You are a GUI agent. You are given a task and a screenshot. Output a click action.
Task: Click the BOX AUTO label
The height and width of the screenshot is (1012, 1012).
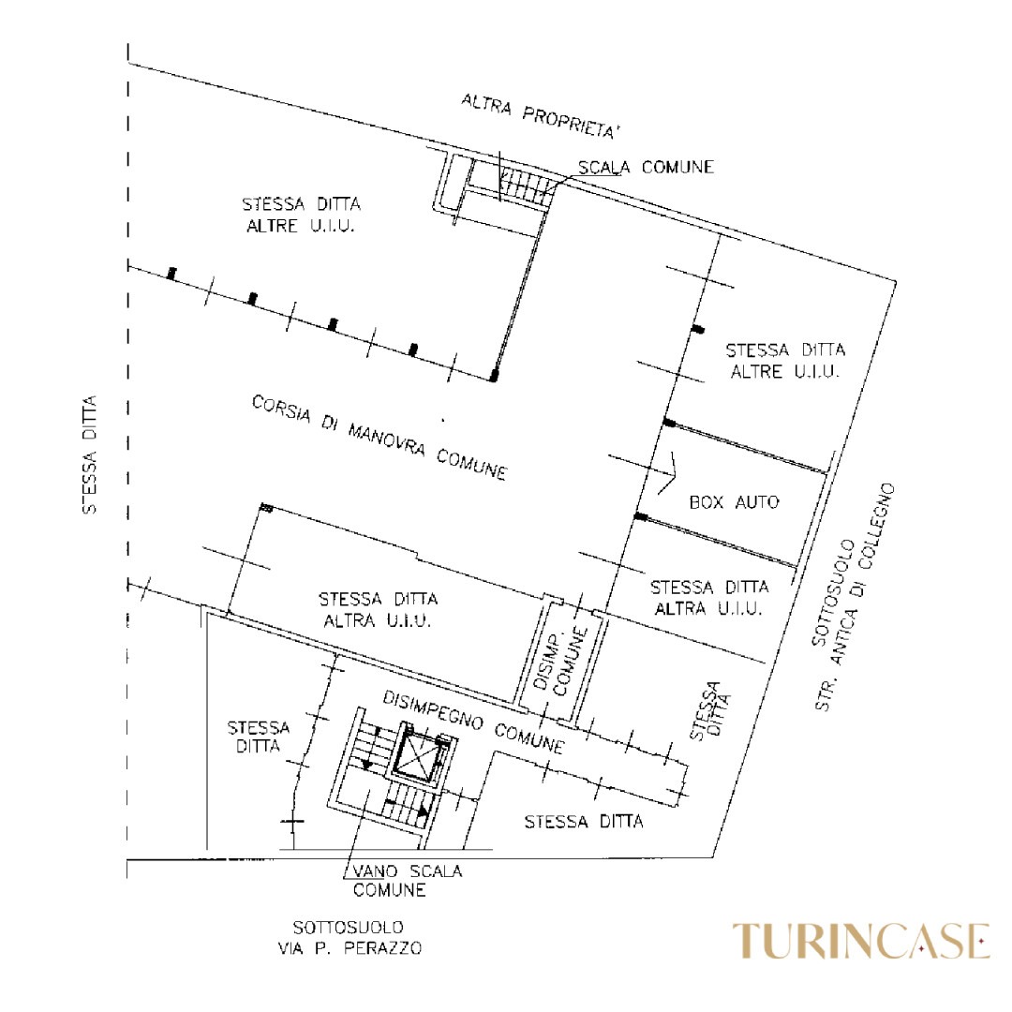pos(734,502)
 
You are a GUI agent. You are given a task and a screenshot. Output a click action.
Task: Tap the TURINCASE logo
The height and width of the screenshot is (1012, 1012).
pos(861,941)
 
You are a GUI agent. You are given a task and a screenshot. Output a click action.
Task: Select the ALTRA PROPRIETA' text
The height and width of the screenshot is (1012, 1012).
pos(541,116)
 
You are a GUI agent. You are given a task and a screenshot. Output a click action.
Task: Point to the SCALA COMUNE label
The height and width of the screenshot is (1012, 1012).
pos(646,167)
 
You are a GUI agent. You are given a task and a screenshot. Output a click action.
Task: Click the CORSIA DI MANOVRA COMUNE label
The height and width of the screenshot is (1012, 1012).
pos(379,438)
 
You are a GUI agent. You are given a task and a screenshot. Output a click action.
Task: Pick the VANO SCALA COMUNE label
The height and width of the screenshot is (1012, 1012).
pos(408,880)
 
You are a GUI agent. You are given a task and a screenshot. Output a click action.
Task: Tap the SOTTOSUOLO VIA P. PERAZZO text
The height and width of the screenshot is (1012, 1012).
pos(350,938)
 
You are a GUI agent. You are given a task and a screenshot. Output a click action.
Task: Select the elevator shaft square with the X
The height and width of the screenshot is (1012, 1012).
pos(415,753)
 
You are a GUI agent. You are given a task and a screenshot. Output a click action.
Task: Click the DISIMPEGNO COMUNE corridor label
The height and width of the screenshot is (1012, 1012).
pos(474,722)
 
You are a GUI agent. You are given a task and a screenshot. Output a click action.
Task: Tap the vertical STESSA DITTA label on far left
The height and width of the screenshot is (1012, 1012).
pos(90,454)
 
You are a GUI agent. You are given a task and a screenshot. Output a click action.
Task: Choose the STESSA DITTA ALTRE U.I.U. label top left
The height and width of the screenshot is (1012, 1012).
pos(302,215)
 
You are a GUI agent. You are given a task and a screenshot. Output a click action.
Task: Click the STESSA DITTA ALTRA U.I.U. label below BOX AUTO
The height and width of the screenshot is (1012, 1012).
pos(709,598)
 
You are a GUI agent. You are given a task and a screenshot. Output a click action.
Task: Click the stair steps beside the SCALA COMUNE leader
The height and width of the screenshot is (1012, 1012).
pos(524,184)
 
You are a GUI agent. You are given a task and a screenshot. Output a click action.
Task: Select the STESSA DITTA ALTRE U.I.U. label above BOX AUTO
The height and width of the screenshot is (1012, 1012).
pos(785,361)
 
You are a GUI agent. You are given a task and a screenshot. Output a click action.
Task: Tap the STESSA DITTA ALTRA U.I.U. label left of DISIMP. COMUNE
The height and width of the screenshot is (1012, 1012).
pos(379,609)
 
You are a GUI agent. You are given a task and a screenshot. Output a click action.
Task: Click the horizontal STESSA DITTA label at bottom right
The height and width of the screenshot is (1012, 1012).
pos(584,822)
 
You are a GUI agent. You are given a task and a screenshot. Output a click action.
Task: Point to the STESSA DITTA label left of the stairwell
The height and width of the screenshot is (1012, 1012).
pos(259,737)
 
